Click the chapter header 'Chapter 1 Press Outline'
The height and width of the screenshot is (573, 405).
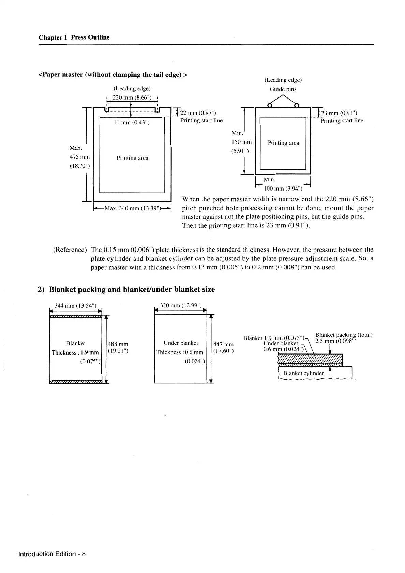point(74,37)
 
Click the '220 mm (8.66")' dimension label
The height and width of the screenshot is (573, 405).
point(132,97)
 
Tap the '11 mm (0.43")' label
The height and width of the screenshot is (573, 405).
point(131,123)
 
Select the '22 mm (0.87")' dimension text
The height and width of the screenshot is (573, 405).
point(198,113)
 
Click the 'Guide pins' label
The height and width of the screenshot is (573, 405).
point(283,89)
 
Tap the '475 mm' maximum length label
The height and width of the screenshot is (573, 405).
point(80,157)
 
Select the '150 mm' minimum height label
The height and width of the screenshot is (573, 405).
point(241,142)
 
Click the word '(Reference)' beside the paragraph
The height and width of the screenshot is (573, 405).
point(70,250)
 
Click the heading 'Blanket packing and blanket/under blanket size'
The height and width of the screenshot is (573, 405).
point(132,290)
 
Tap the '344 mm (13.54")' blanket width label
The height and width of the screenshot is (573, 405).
point(76,305)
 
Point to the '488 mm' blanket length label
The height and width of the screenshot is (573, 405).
point(118,344)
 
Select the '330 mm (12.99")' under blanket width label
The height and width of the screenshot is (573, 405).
point(181,305)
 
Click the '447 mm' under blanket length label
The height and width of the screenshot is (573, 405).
point(223,345)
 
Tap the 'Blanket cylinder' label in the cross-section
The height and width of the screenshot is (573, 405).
point(303,373)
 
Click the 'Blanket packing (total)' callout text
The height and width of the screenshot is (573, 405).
point(344,335)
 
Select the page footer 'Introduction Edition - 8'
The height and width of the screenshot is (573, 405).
point(52,554)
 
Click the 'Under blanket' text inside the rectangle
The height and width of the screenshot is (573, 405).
point(181,343)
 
